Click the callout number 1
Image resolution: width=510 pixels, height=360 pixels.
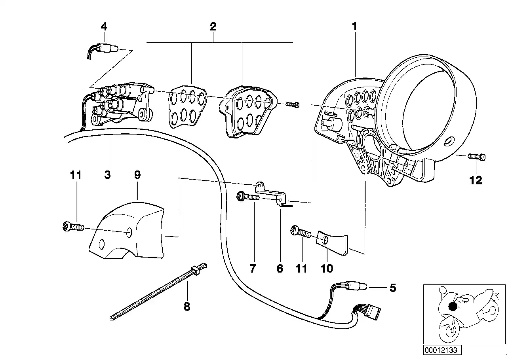(x=354, y=27)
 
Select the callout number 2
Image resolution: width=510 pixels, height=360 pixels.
(x=213, y=27)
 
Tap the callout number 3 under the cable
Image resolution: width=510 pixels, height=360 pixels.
(x=107, y=175)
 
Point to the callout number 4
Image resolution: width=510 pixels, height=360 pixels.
(x=104, y=27)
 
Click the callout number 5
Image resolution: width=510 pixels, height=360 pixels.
(x=392, y=288)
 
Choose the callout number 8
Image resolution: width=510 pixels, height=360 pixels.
(x=186, y=306)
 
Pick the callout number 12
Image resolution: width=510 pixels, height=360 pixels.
(x=476, y=180)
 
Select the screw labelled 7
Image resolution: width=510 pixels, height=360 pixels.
(x=247, y=196)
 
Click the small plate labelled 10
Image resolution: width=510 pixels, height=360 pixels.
(x=332, y=242)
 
